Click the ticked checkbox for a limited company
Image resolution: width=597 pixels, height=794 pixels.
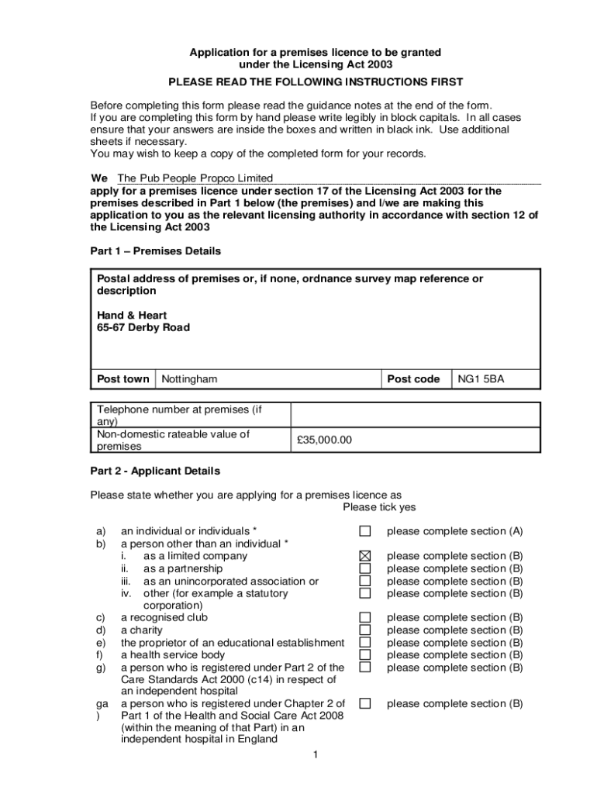(x=365, y=556)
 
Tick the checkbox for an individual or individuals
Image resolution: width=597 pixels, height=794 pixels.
(x=365, y=531)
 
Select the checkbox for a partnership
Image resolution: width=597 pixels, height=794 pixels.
(x=365, y=568)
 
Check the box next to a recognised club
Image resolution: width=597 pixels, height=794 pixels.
(x=365, y=618)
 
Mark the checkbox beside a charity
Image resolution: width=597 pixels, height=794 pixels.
(x=365, y=630)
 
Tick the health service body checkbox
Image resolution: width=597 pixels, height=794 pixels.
(x=365, y=655)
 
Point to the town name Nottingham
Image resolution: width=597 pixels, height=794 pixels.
(x=189, y=379)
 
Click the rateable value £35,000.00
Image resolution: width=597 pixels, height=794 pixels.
(x=324, y=440)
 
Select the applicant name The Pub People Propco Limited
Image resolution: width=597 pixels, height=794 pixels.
(x=195, y=178)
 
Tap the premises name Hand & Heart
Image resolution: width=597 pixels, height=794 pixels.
(x=132, y=316)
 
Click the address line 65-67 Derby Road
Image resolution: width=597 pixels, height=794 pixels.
(x=143, y=328)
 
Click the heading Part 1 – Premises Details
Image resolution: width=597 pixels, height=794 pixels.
(x=156, y=251)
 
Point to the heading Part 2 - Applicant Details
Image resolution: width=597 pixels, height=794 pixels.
(x=156, y=471)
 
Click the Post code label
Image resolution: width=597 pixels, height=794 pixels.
(x=413, y=379)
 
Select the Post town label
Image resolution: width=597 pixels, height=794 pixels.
(x=123, y=379)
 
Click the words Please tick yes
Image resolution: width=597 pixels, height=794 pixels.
(x=379, y=507)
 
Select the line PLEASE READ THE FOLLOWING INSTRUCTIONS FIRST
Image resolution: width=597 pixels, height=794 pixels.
(x=316, y=82)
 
